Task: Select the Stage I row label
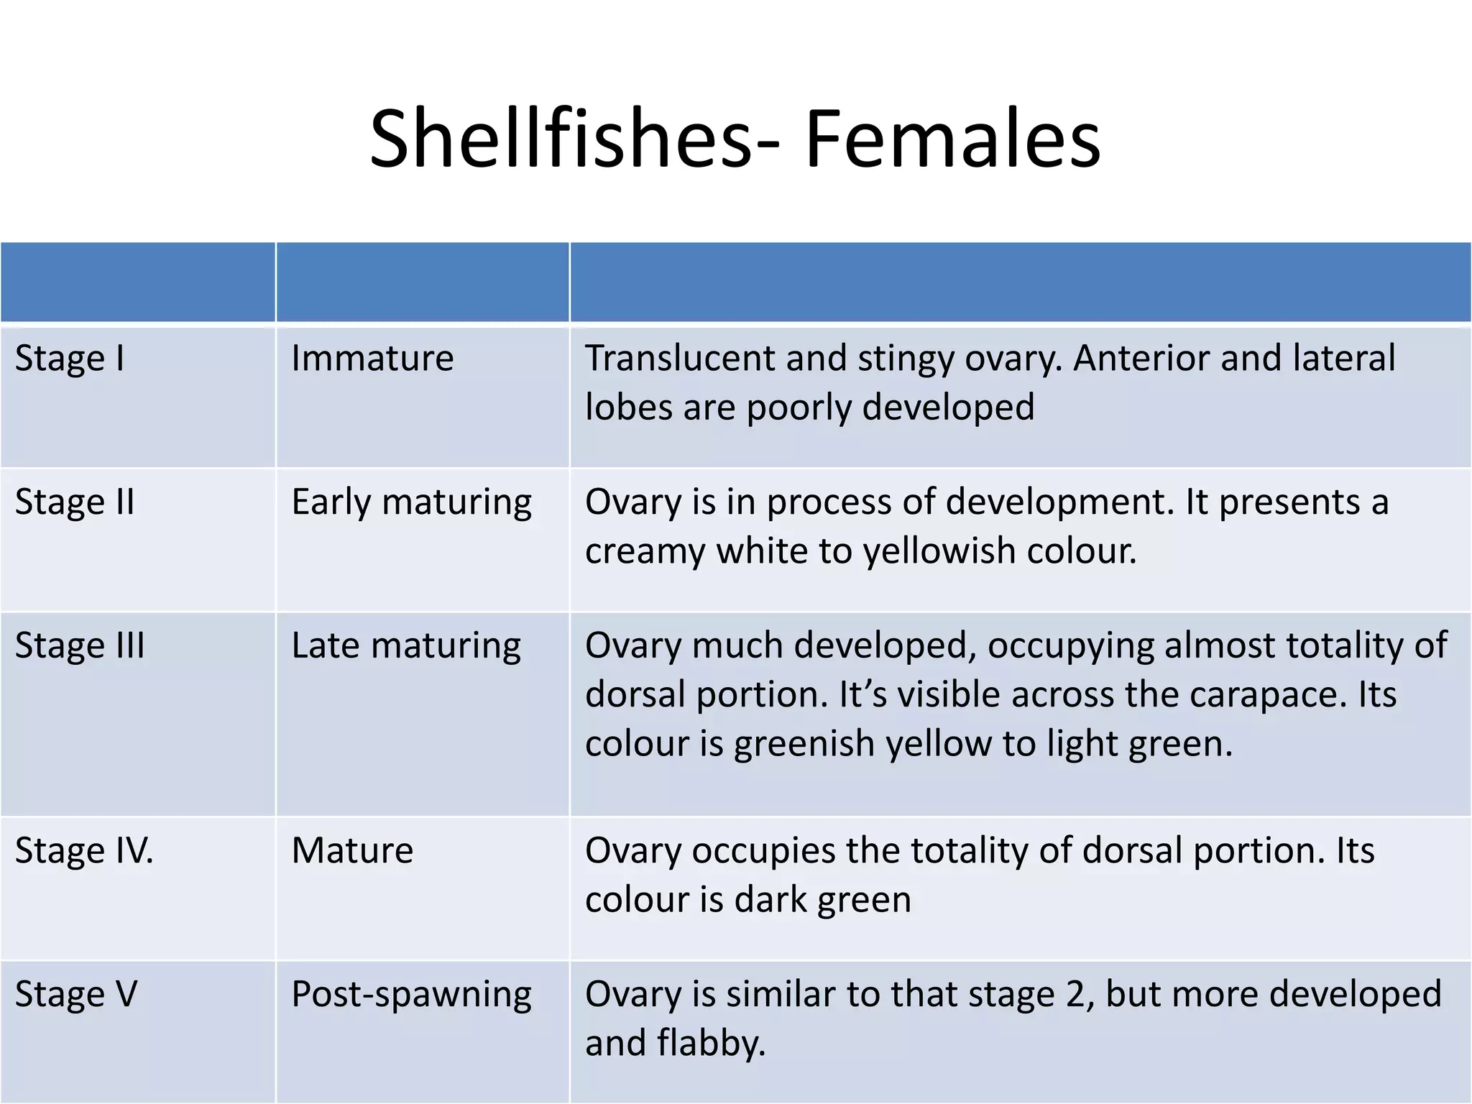70,358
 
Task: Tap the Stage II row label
75,502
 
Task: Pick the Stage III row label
80,645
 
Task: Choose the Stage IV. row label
84,850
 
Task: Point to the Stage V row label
76,994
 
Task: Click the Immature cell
372,358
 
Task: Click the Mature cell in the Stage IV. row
352,850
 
